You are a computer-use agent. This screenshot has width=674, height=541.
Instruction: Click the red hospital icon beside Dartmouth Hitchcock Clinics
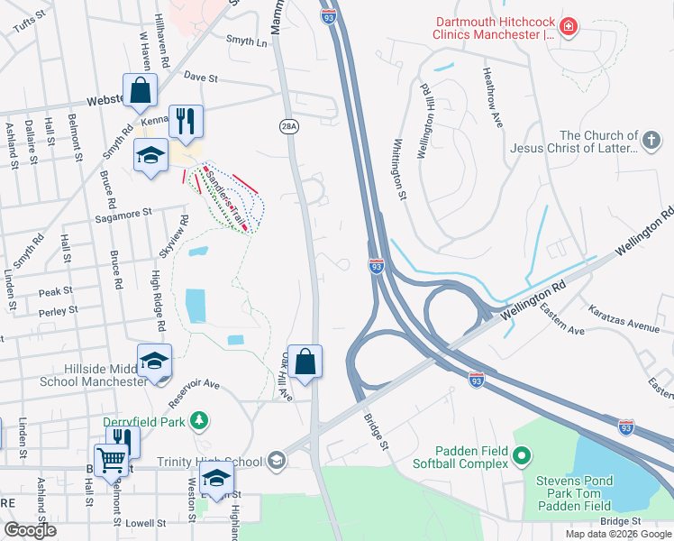click(x=568, y=28)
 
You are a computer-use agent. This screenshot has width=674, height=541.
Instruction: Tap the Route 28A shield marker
click(x=287, y=127)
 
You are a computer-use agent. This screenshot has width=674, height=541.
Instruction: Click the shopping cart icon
click(x=111, y=461)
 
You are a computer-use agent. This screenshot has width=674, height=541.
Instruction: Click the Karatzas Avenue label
click(x=624, y=322)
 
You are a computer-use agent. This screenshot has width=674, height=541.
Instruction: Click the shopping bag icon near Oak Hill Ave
click(x=305, y=362)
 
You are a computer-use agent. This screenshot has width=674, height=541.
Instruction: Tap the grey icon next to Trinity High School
click(x=277, y=462)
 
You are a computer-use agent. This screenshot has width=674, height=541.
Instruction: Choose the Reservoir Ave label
click(x=193, y=384)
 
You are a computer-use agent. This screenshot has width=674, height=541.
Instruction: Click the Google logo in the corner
click(x=31, y=529)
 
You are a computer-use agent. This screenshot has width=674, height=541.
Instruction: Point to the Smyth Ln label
click(x=247, y=41)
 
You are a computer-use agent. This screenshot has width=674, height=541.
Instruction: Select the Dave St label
click(x=202, y=78)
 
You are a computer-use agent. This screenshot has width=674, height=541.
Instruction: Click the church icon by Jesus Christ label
click(x=651, y=140)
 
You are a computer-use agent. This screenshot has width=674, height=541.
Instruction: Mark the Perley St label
click(x=58, y=310)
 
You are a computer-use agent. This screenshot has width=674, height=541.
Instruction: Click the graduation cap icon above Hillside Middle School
click(x=154, y=362)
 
